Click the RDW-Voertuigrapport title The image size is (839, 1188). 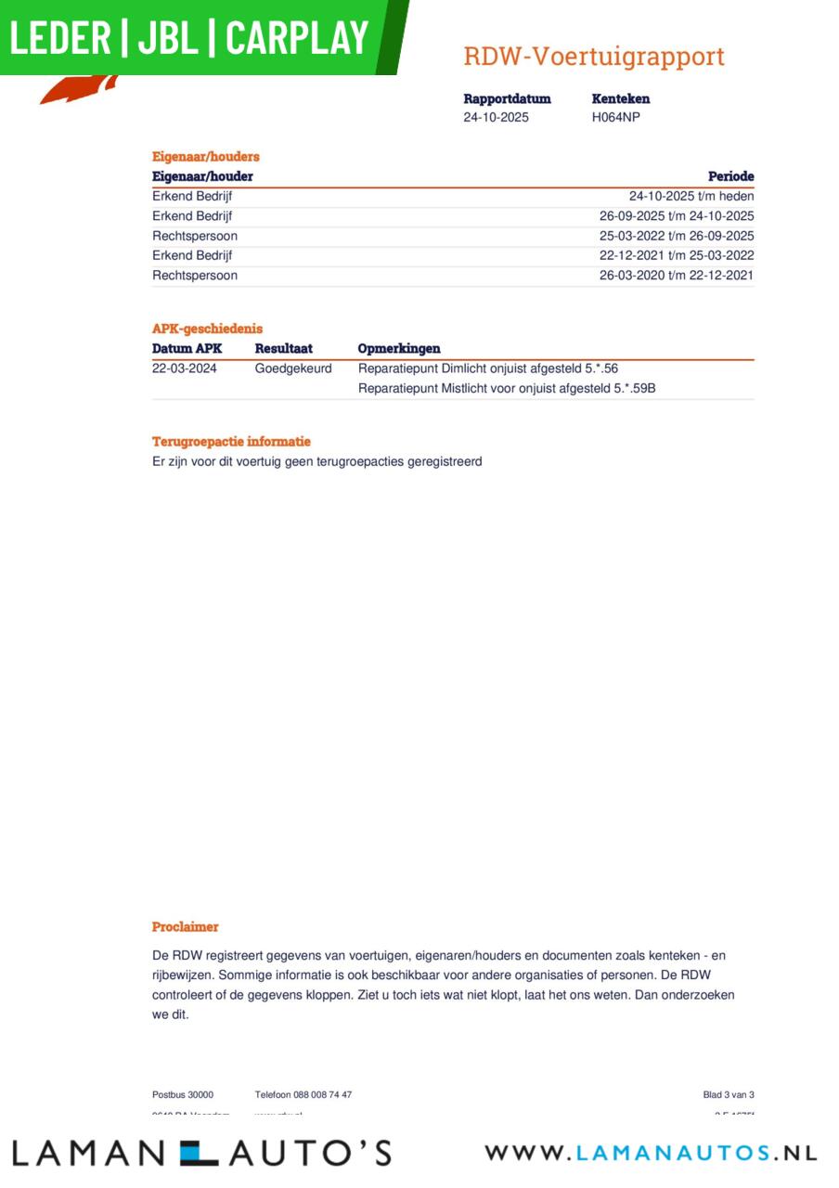pos(594,57)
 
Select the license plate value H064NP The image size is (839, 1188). pos(615,117)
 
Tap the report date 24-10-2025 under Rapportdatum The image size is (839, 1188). pos(496,117)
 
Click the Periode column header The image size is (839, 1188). pos(730,176)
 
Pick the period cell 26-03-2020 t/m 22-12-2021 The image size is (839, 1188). pos(677,276)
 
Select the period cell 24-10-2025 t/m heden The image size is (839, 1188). pos(691,197)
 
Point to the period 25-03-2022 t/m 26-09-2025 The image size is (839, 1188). pos(677,236)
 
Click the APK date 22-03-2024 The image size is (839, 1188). pos(185,368)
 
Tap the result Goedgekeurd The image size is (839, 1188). pos(293,368)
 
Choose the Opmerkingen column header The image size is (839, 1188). pos(399,349)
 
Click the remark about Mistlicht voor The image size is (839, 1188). pos(507,389)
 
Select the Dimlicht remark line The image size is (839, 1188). pos(488,368)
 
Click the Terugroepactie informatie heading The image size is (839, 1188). pos(231,442)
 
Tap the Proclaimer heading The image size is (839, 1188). pos(186,927)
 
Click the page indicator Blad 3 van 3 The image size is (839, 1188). pos(729,1095)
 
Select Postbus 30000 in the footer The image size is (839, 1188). pos(183,1095)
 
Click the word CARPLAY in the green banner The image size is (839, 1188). pos(297,38)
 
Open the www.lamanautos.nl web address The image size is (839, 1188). pos(651,1154)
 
